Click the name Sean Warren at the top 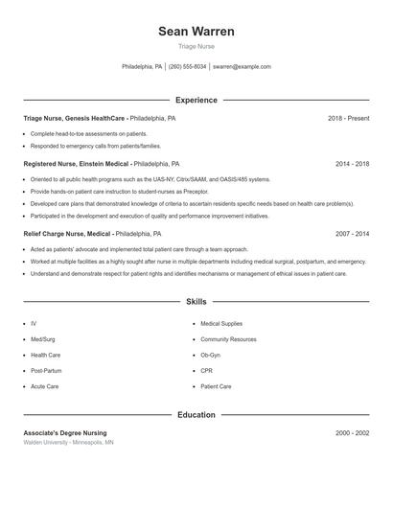(196, 32)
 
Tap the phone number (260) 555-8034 (188, 67)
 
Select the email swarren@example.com (242, 67)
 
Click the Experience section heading (196, 100)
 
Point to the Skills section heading (196, 301)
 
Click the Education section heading (196, 415)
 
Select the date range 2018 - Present (348, 118)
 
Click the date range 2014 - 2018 (352, 164)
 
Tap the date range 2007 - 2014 (352, 233)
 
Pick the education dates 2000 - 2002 (352, 433)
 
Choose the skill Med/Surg (43, 339)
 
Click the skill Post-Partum (46, 370)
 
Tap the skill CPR (206, 370)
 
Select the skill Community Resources (228, 339)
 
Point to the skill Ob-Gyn (210, 355)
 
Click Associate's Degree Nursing (65, 433)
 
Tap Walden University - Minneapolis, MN (68, 443)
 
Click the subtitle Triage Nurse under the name (196, 47)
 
